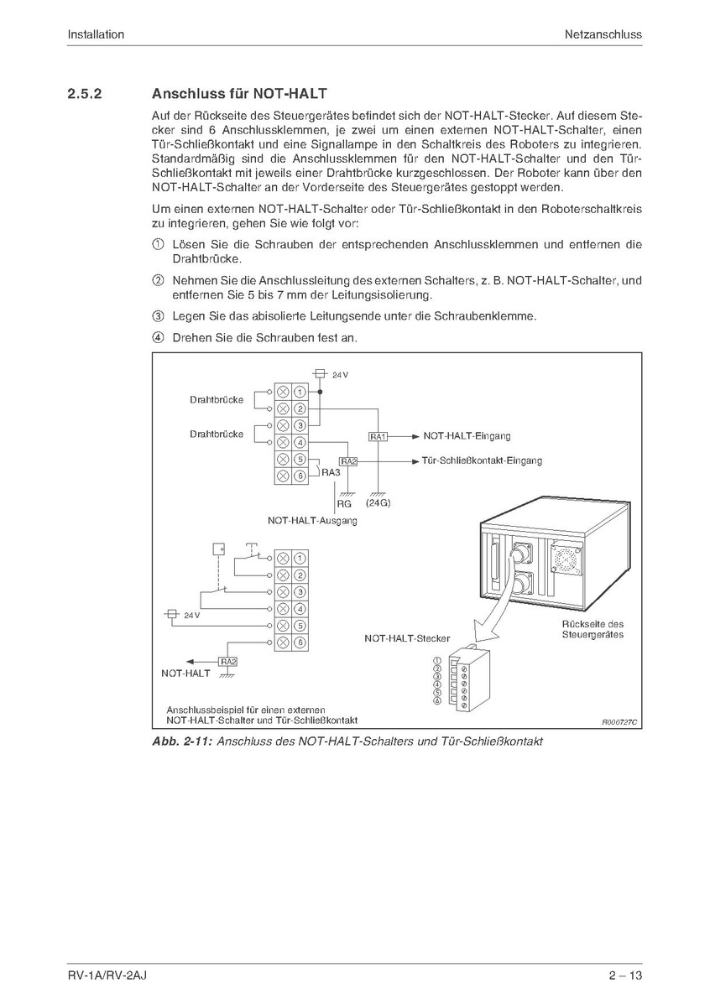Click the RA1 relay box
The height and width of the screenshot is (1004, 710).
click(x=378, y=437)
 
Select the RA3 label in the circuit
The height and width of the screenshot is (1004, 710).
click(x=331, y=472)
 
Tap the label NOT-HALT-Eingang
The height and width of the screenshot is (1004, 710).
click(x=467, y=436)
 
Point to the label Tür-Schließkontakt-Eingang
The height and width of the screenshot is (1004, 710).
click(x=483, y=460)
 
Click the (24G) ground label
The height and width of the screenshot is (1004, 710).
click(x=379, y=503)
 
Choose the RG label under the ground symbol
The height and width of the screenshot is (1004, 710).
click(x=344, y=504)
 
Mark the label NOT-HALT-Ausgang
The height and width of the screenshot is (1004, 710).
click(x=312, y=520)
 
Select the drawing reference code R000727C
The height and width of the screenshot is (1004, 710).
click(x=619, y=721)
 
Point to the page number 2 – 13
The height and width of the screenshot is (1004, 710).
click(x=625, y=975)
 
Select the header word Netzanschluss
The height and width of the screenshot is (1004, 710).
click(x=603, y=34)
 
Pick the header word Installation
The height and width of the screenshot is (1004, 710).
click(x=96, y=34)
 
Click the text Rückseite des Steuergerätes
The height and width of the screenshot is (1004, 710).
click(x=593, y=629)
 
